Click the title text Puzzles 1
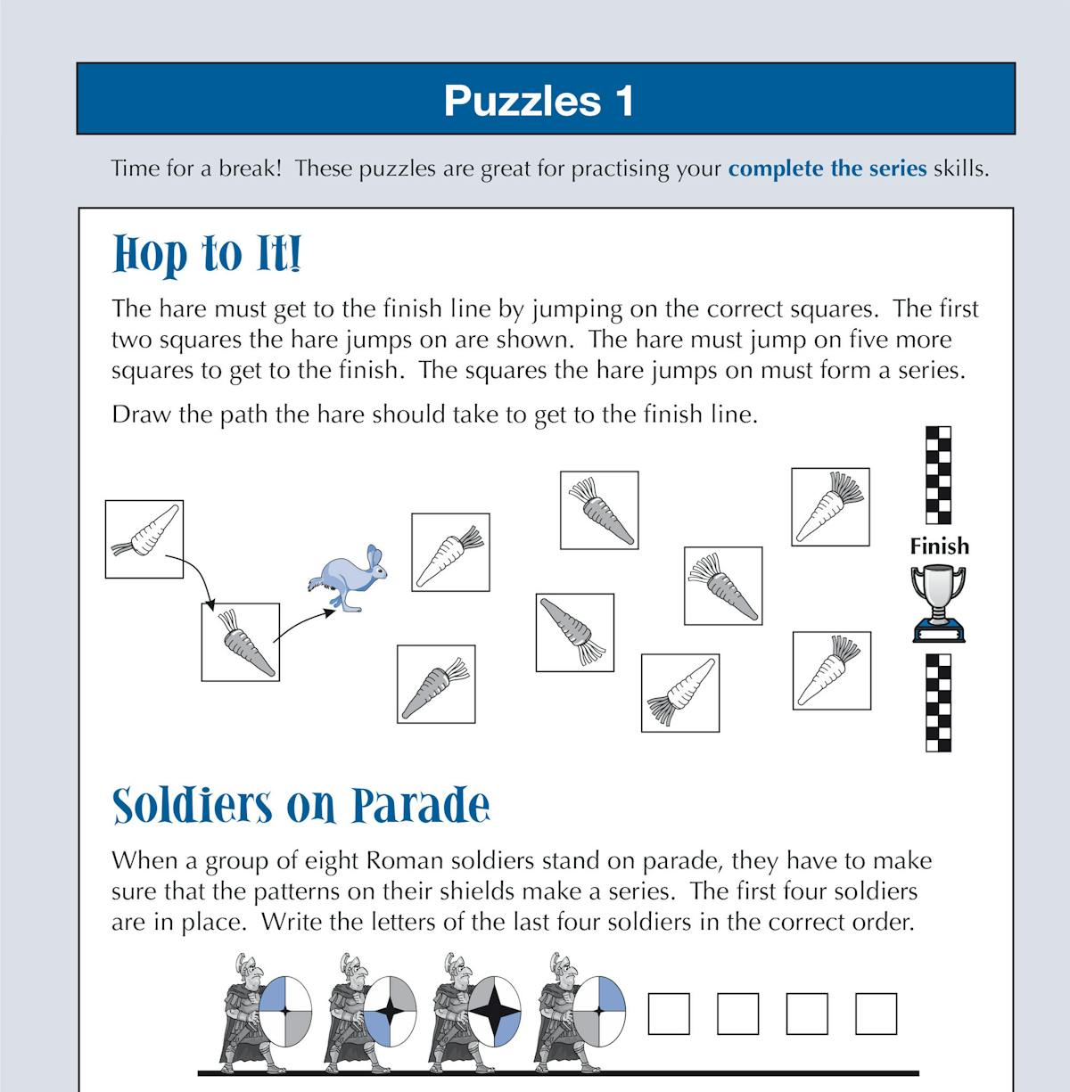pos(539,100)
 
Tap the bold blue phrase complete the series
pos(827,168)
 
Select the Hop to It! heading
pos(207,254)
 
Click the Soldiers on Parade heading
pos(300,806)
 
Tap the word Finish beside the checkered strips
pos(939,546)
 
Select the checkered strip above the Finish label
pos(938,475)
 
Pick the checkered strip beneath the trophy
pos(938,702)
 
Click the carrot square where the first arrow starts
pos(144,538)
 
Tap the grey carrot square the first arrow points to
pos(241,642)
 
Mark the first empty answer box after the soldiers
pos(668,1014)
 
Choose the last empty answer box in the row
pos(876,1014)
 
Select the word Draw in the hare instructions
pos(141,415)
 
